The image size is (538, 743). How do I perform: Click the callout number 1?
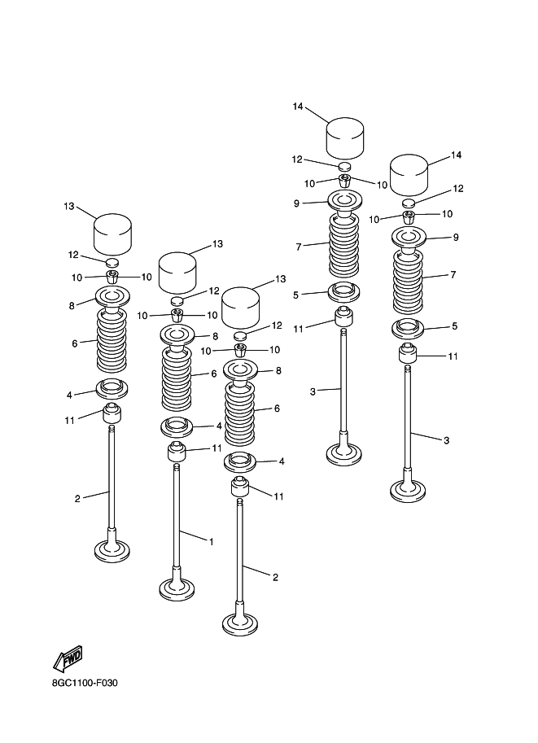coord(211,541)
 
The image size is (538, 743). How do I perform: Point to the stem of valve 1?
coord(177,521)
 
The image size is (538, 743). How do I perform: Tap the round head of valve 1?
coord(177,587)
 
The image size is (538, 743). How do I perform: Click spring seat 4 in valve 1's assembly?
coord(177,426)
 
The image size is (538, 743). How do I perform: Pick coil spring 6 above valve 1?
coord(177,375)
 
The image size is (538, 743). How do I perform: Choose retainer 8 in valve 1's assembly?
coord(177,334)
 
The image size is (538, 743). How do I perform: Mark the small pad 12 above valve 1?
coord(177,300)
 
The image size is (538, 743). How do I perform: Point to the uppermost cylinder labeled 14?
coord(345,138)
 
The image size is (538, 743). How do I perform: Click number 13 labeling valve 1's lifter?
coord(217,244)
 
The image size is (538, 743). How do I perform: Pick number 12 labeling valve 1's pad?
coord(214,291)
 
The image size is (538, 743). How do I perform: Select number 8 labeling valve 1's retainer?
coord(216,335)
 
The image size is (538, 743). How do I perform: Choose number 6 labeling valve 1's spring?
coord(214,374)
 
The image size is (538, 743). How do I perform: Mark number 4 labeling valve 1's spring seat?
coord(219,426)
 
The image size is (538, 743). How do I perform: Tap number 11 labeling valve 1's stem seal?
coord(217,448)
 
